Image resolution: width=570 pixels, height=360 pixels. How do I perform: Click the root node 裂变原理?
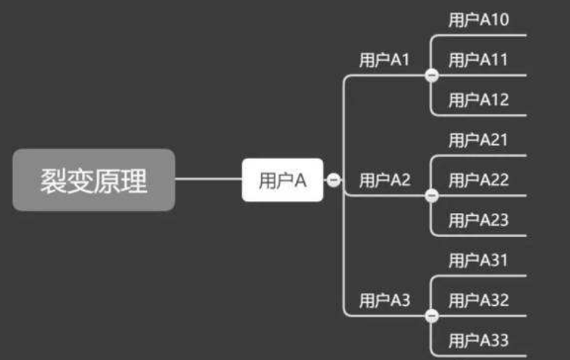tap(94, 180)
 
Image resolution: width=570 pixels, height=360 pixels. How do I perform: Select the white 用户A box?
tap(283, 180)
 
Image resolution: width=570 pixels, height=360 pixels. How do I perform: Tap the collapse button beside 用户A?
tap(334, 180)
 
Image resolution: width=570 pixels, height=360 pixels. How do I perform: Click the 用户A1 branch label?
tap(384, 60)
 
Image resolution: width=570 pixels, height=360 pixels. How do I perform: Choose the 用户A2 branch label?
tap(384, 180)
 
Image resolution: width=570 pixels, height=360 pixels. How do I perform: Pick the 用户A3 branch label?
tap(384, 301)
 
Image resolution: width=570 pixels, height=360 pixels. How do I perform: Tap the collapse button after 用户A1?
tap(431, 75)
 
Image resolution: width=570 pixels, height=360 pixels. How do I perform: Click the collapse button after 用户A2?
tap(431, 196)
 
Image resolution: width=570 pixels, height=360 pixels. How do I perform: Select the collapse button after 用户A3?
tap(431, 316)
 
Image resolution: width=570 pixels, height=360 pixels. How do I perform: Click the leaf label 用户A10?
tap(478, 20)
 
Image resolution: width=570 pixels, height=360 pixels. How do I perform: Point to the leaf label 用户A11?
tap(478, 60)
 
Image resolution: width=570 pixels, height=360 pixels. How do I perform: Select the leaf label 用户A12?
tap(478, 100)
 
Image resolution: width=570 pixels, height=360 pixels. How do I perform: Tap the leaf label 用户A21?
tap(478, 140)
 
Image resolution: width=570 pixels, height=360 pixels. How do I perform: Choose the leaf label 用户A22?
tap(478, 180)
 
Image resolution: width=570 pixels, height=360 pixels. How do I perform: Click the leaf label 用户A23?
tap(478, 220)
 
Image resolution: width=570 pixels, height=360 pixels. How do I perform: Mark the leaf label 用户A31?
tap(478, 261)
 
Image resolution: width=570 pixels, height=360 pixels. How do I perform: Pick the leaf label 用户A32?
tap(478, 301)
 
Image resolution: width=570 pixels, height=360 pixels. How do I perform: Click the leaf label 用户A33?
tap(478, 341)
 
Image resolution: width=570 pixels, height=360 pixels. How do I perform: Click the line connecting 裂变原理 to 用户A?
tap(208, 180)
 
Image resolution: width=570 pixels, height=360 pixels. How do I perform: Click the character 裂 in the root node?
tap(53, 181)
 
